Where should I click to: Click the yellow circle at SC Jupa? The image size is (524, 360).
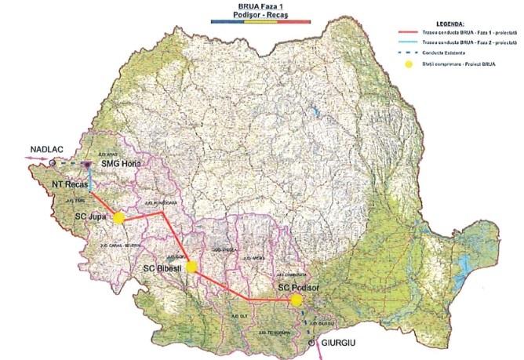pos(118,218)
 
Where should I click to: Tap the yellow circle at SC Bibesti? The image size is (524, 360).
pos(191,267)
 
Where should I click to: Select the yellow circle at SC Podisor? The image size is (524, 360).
pos(296,300)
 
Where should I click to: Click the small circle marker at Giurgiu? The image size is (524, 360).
pos(314,344)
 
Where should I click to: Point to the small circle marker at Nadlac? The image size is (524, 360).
pos(51,162)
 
